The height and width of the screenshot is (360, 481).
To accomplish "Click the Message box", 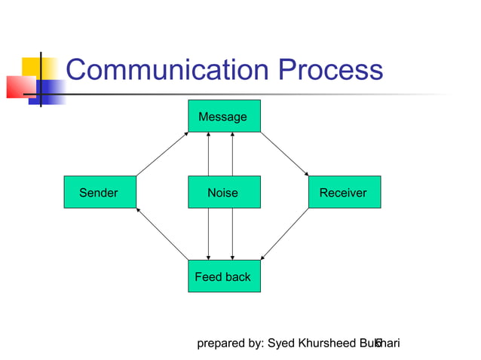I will click(x=224, y=116).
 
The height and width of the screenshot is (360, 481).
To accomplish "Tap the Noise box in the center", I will click(x=224, y=192).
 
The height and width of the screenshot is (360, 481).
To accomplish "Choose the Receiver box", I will click(x=344, y=192).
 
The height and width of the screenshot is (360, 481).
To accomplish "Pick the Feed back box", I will click(x=224, y=276).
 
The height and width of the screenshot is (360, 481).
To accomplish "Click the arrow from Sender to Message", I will click(x=162, y=154).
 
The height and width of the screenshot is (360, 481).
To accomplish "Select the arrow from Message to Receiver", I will click(x=284, y=154).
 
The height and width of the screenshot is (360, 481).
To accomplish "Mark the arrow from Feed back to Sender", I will click(x=162, y=233).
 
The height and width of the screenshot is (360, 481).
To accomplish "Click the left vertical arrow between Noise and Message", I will click(x=208, y=154).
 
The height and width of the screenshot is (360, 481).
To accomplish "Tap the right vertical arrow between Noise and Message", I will click(x=232, y=154).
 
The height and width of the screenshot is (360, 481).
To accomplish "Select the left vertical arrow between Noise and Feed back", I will click(x=208, y=234).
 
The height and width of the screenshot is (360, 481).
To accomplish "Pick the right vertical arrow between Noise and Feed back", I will click(x=232, y=234).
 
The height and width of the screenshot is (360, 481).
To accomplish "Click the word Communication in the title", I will click(x=167, y=71).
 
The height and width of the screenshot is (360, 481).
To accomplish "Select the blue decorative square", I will click(x=50, y=90).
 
